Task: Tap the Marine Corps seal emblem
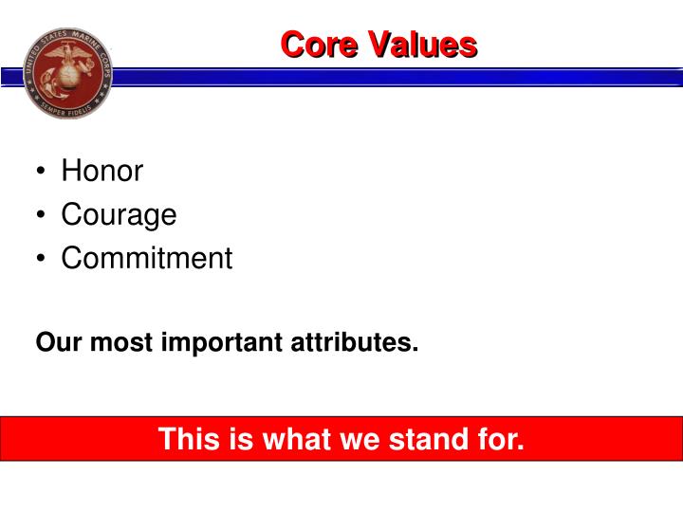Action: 66,72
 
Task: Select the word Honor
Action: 102,172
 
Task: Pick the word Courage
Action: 119,215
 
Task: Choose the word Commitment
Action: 147,258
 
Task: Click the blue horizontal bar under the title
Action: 379,76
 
